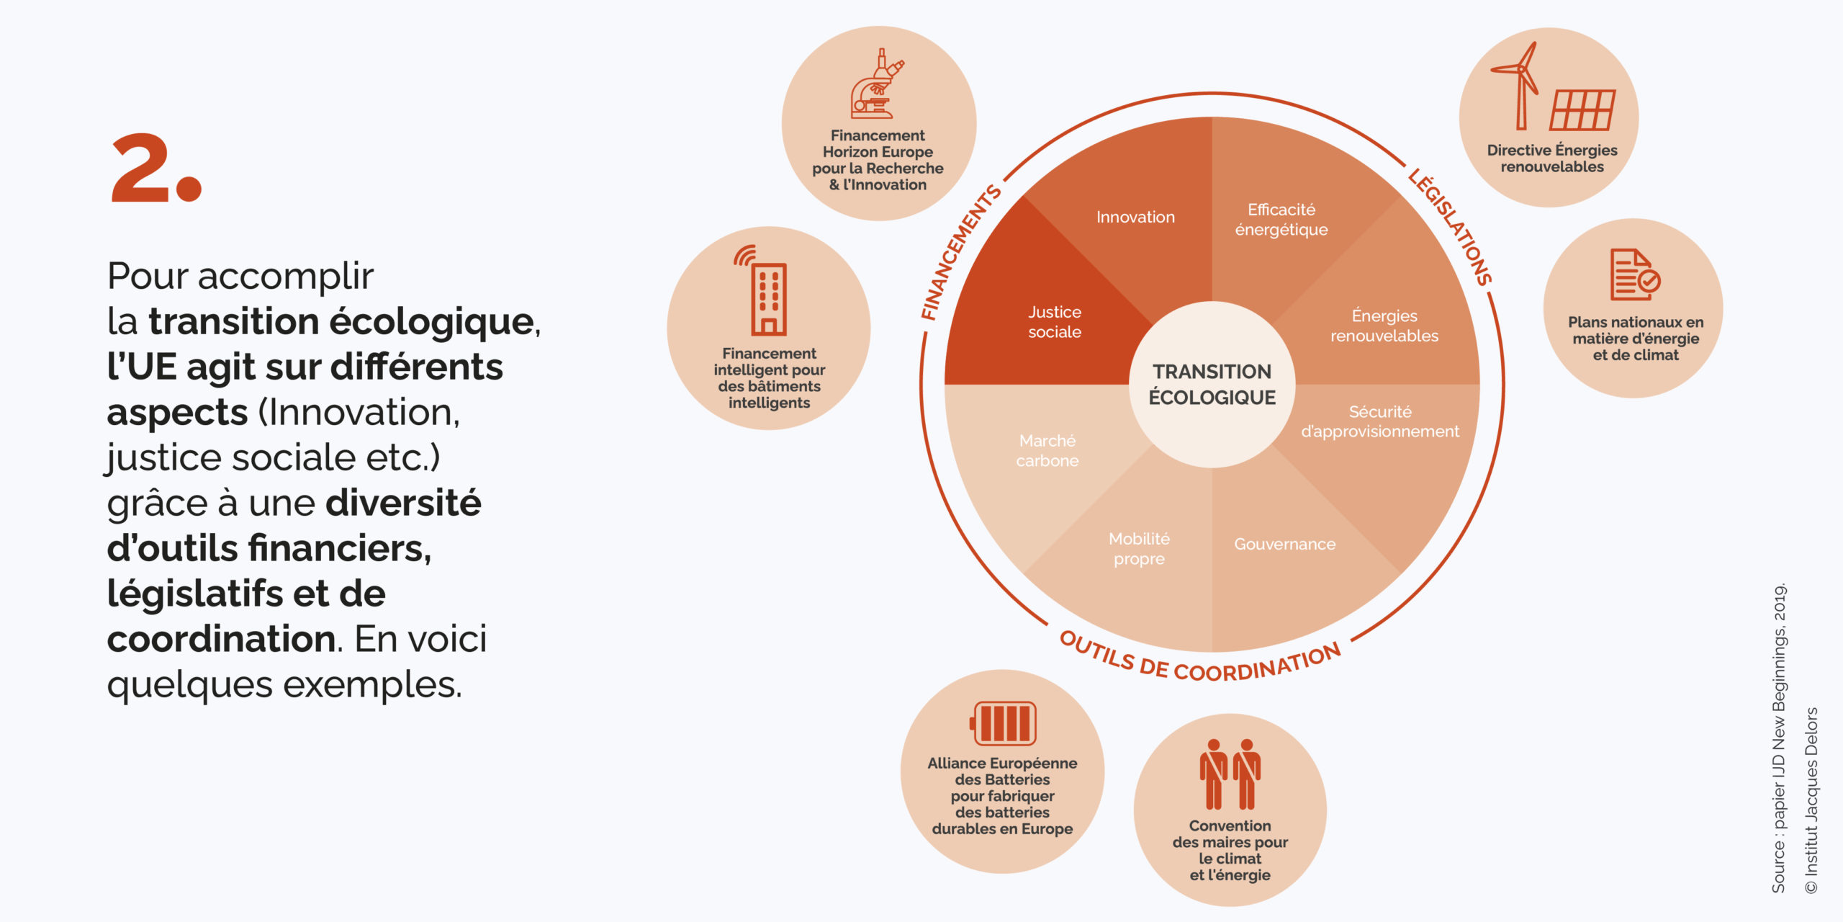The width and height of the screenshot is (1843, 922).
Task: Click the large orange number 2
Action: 157,168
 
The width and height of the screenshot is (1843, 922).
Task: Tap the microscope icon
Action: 877,84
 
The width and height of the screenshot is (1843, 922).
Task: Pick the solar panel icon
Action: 1582,110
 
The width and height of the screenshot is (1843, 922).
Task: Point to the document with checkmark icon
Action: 1635,274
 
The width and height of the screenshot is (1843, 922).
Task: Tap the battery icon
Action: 1003,723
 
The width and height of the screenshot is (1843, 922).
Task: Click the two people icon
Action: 1230,774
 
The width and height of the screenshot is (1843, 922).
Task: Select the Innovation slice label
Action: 1135,217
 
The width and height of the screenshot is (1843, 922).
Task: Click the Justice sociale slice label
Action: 1055,322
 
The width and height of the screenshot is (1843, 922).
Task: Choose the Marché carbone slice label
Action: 1047,450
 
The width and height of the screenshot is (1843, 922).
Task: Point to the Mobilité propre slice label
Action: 1139,549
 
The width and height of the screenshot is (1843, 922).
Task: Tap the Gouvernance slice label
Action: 1285,544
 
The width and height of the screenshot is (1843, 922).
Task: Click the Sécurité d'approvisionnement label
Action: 1380,421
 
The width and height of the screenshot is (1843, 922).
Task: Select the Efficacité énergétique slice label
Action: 1281,220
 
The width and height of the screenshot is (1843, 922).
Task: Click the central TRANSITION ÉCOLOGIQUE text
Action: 1212,385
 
